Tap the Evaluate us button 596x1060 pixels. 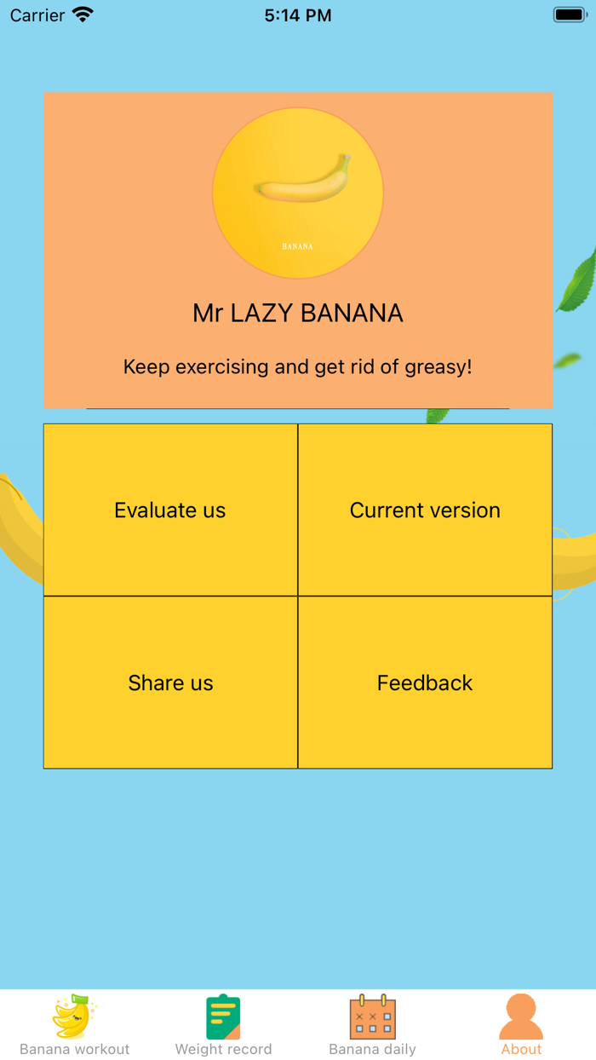tap(170, 510)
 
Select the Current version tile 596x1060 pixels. tap(425, 510)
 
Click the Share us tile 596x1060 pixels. tap(170, 683)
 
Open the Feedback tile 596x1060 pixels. tap(425, 683)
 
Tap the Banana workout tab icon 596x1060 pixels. tap(75, 1017)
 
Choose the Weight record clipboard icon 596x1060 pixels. tap(223, 1017)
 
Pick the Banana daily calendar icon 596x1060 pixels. tap(373, 1017)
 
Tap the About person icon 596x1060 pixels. tap(521, 1017)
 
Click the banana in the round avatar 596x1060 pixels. tap(304, 181)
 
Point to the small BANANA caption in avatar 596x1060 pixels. tap(297, 246)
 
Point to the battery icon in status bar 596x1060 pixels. tap(569, 14)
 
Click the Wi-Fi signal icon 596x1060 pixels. tap(83, 14)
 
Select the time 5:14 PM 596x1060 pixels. tap(298, 15)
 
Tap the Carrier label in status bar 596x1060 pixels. tap(37, 15)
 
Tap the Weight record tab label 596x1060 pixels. tap(223, 1049)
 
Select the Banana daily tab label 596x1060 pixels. tap(373, 1049)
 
